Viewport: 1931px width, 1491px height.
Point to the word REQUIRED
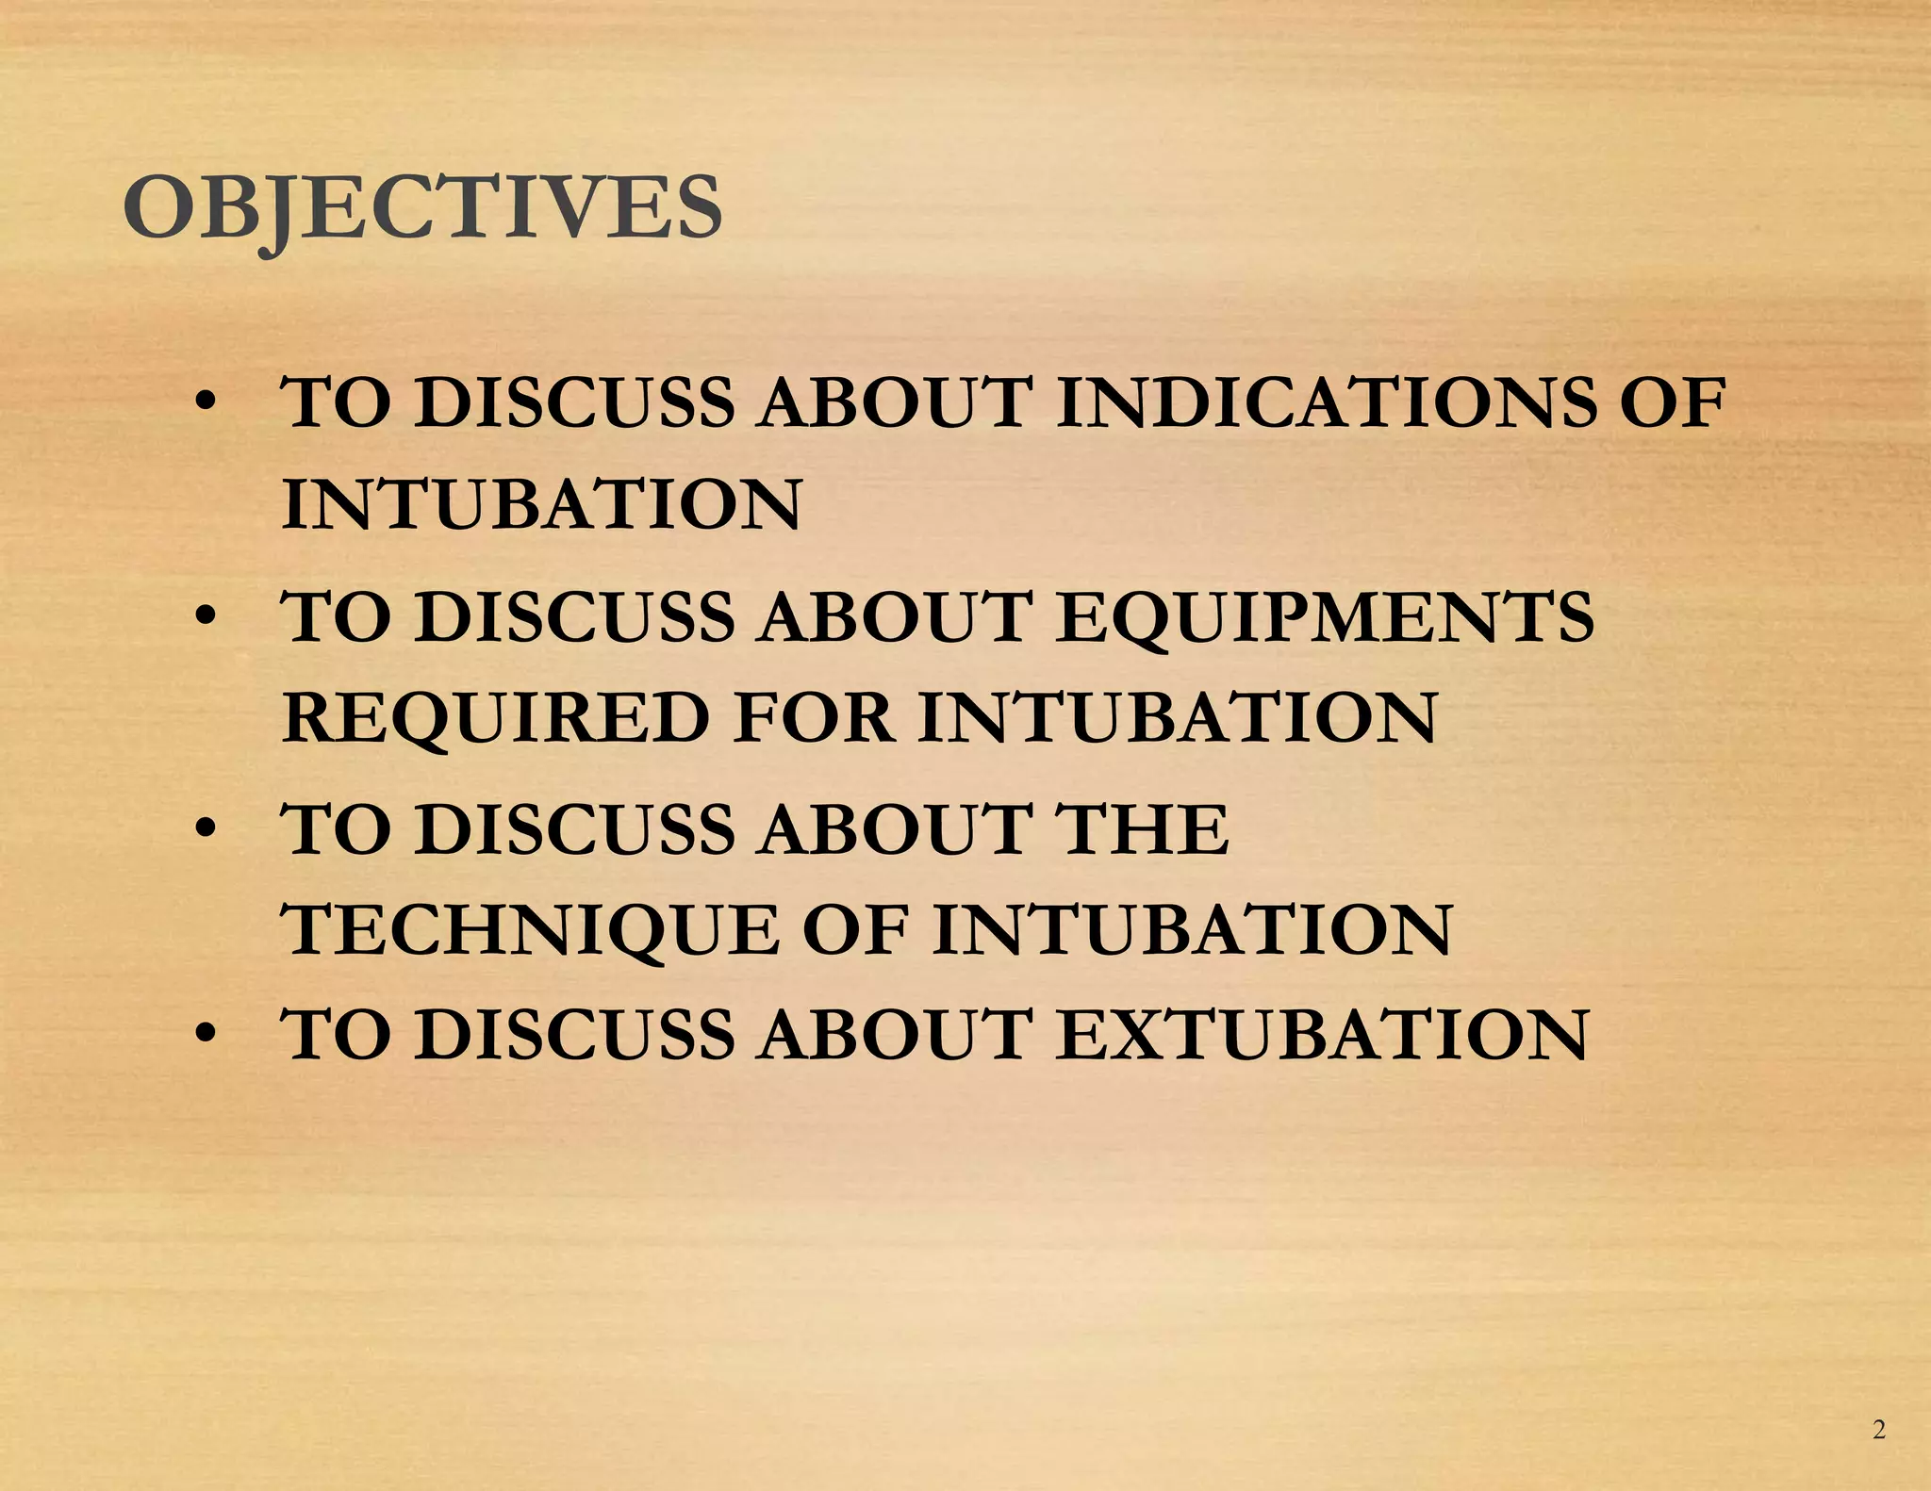[x=495, y=718]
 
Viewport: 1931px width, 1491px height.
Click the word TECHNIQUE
[x=533, y=930]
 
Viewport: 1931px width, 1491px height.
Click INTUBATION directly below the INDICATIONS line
[x=541, y=505]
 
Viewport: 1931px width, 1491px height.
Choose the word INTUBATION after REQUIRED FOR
[x=1178, y=718]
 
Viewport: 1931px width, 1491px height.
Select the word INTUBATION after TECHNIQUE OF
[x=1193, y=930]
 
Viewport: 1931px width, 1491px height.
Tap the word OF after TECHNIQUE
[x=855, y=930]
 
